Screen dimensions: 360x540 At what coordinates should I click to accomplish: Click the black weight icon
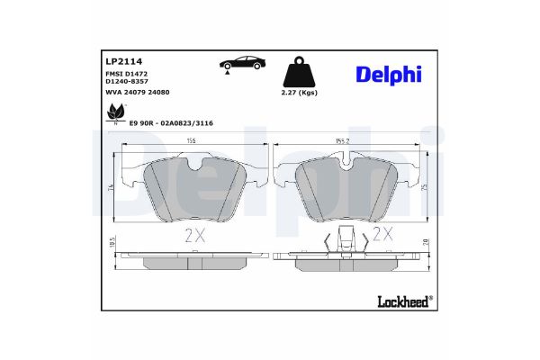[298, 69]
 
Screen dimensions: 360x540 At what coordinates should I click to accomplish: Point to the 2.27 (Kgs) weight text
[299, 92]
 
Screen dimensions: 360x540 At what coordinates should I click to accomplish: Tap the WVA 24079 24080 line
[138, 93]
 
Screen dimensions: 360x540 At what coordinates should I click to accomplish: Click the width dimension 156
[191, 141]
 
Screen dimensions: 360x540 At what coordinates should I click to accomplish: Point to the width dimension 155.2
[346, 141]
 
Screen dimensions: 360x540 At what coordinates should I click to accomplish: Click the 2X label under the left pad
[195, 236]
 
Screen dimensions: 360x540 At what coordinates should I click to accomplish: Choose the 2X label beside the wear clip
[383, 236]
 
